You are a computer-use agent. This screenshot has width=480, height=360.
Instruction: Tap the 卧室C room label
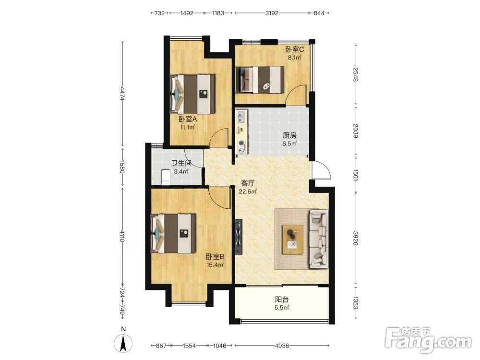tap(295, 49)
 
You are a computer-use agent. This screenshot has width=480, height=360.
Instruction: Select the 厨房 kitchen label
tap(289, 135)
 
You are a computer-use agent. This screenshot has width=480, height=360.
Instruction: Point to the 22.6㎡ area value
tap(248, 192)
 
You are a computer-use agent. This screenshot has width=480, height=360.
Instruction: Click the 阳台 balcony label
tap(282, 300)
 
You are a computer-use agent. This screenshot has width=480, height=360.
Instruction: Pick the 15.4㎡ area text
tap(215, 265)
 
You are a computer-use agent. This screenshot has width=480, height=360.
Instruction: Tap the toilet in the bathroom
tap(165, 177)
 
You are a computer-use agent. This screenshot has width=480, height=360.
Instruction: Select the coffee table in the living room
tap(293, 240)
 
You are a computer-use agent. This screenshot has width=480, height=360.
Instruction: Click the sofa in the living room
tap(319, 239)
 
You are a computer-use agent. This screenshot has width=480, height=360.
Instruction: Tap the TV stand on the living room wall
tap(239, 237)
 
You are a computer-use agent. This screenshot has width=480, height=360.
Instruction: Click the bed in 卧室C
tap(260, 80)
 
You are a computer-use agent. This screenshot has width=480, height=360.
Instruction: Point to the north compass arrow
tap(123, 343)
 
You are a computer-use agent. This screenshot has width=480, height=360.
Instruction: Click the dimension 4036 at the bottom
tap(282, 346)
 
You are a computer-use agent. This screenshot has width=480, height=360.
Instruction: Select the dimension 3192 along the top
tap(272, 13)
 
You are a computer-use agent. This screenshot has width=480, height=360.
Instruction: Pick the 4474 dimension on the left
tap(122, 93)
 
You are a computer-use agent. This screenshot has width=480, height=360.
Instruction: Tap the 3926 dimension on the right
tap(355, 238)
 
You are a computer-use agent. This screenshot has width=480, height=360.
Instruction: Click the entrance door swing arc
tap(325, 168)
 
